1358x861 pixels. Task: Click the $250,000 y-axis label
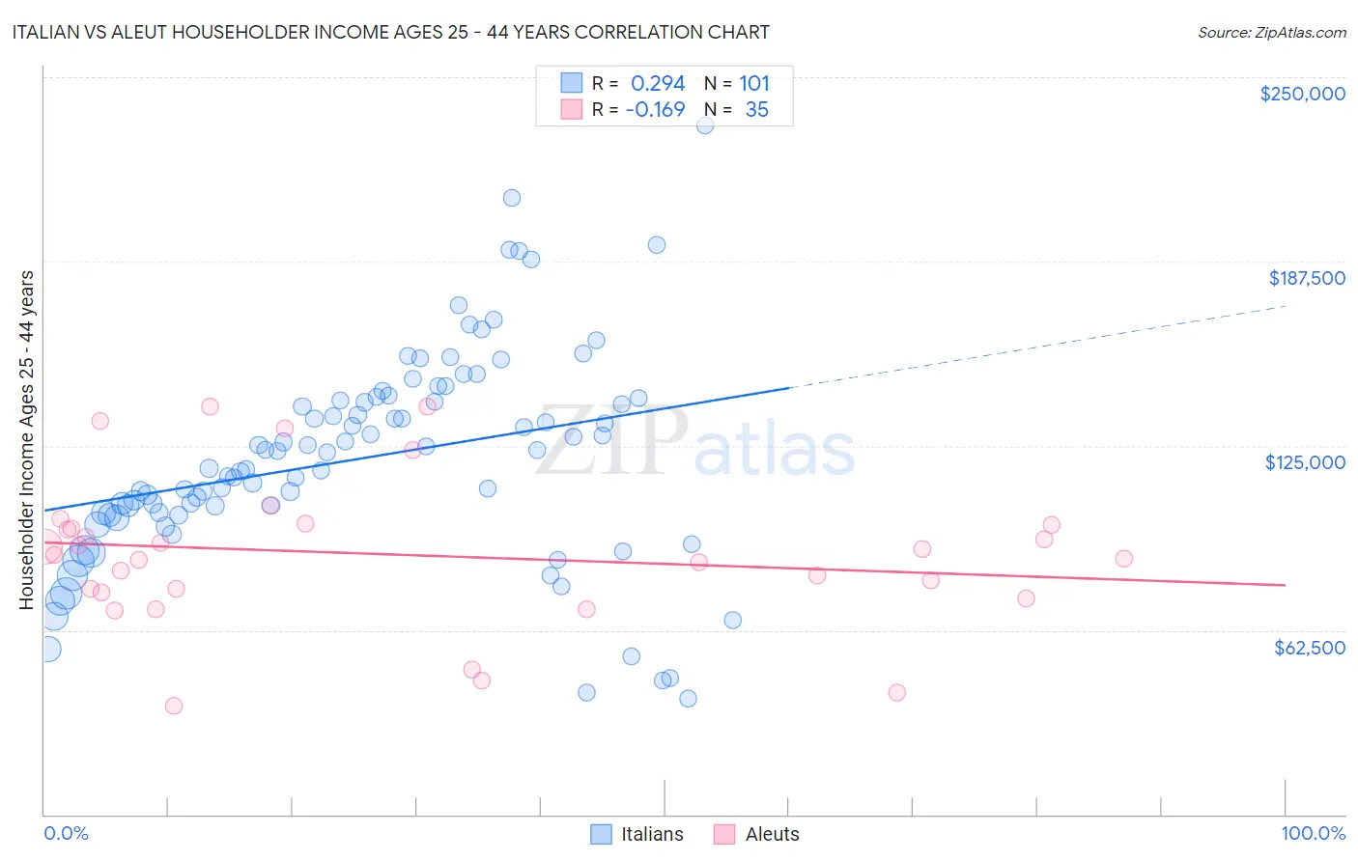pyautogui.click(x=1302, y=94)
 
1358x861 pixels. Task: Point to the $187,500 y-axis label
pyautogui.click(x=1306, y=278)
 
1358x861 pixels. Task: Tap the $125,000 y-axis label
pyautogui.click(x=1305, y=462)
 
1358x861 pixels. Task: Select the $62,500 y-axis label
pyautogui.click(x=1309, y=648)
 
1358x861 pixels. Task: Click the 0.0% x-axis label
pyautogui.click(x=66, y=833)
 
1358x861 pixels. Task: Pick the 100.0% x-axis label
pyautogui.click(x=1313, y=833)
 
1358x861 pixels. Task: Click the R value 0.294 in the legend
pyautogui.click(x=657, y=83)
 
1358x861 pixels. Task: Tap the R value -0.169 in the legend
pyautogui.click(x=655, y=109)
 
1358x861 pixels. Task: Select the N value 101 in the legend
pyautogui.click(x=754, y=83)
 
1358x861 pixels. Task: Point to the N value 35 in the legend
pyautogui.click(x=756, y=109)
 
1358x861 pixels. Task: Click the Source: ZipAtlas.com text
pyautogui.click(x=1271, y=32)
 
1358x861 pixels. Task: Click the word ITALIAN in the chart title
pyautogui.click(x=51, y=32)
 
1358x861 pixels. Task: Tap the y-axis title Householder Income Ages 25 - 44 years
pyautogui.click(x=26, y=440)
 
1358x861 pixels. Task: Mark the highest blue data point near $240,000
pyautogui.click(x=705, y=125)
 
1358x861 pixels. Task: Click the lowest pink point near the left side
pyautogui.click(x=174, y=706)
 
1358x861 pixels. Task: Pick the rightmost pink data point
pyautogui.click(x=1123, y=559)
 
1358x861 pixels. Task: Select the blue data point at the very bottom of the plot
pyautogui.click(x=688, y=699)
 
